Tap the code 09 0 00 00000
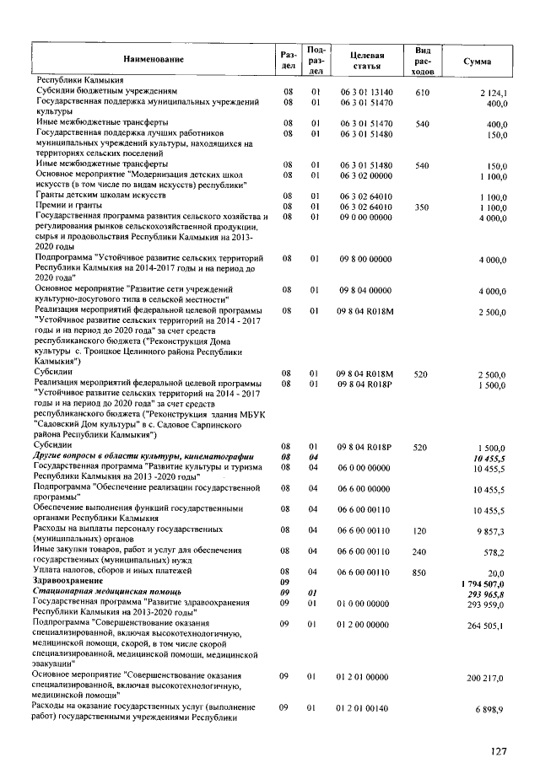pyautogui.click(x=366, y=217)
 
